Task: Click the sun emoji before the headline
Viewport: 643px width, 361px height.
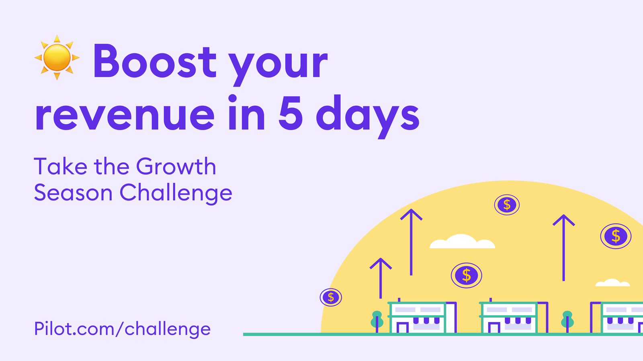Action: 57,58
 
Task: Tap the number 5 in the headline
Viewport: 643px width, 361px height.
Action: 291,113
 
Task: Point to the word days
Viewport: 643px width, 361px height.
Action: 368,117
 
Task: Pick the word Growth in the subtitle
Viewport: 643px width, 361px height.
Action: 176,166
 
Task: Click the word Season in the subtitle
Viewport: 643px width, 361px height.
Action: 73,192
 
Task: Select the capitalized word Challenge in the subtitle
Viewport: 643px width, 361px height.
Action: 176,194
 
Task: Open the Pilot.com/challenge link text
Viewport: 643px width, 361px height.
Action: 122,329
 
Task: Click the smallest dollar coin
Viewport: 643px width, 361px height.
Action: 331,297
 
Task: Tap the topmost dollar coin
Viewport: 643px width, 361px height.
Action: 507,205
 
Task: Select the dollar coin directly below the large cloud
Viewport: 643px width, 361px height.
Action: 466,275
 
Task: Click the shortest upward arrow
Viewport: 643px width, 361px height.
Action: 381,278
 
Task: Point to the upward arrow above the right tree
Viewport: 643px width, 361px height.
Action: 563,247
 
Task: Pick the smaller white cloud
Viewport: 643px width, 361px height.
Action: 612,282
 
